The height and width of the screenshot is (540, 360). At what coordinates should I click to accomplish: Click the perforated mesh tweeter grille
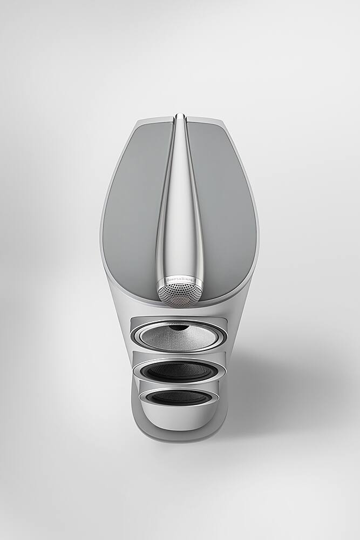180,295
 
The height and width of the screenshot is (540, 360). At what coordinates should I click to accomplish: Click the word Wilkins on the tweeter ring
189,280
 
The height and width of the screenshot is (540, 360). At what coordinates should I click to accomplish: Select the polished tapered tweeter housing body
180,216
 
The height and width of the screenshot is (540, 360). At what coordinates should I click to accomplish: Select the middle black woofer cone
180,371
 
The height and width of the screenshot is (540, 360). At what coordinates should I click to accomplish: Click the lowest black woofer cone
180,398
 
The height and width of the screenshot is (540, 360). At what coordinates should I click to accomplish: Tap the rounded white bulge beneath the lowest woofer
180,417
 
